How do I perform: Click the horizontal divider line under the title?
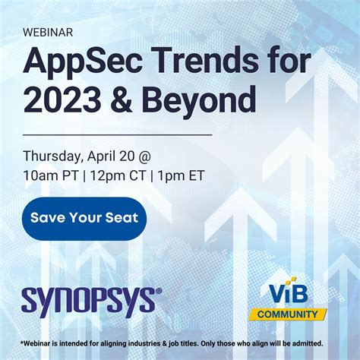coord(118,134)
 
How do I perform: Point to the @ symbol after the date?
coord(144,156)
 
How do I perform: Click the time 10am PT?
coord(52,177)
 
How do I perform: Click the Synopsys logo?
coord(91,301)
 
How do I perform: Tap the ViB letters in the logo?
coord(288,293)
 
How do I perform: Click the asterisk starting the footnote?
coord(23,343)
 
